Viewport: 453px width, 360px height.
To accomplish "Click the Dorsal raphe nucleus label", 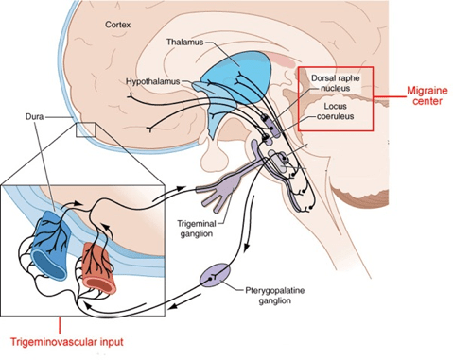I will tap(335, 85).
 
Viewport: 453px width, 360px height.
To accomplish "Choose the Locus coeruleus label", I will tap(335, 112).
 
